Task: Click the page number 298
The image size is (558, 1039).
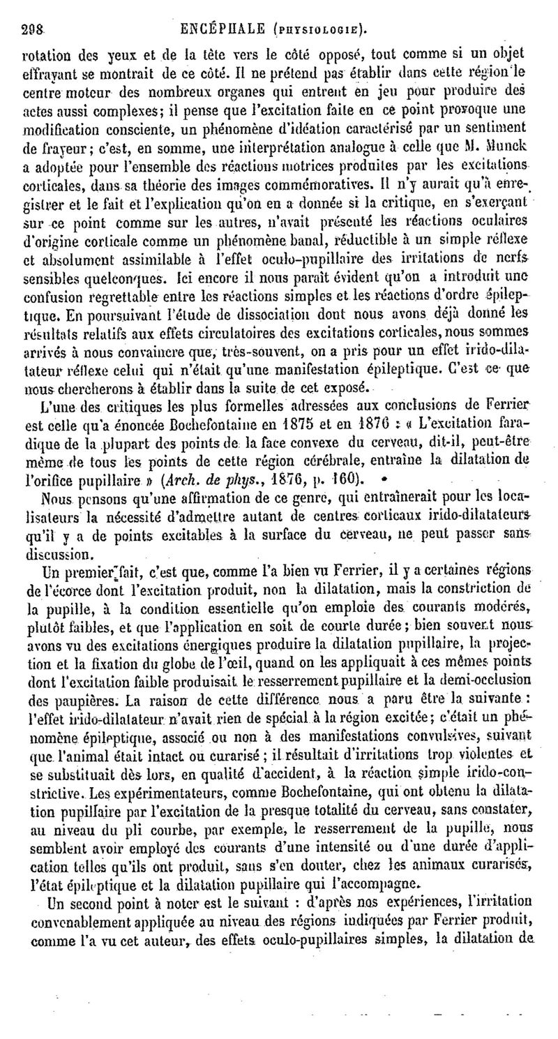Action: pos(33,31)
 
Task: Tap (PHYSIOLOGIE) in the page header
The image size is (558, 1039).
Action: pos(319,31)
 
